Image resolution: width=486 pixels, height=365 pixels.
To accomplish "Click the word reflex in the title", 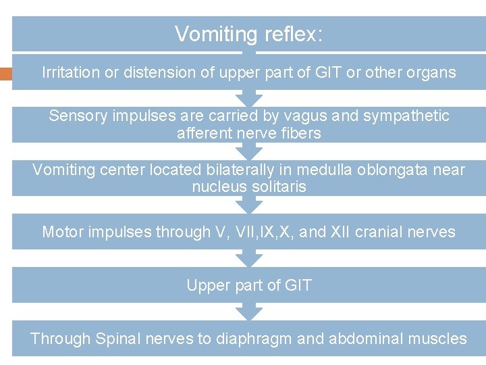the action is click(x=292, y=34).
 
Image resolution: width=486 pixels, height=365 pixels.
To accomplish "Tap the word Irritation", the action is click(x=70, y=72).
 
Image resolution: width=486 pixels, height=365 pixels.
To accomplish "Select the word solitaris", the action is click(x=278, y=187).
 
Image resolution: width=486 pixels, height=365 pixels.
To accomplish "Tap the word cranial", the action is click(x=387, y=233).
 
